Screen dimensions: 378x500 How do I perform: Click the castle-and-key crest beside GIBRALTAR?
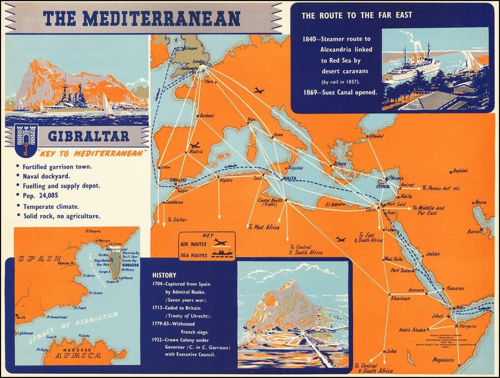click(x=26, y=138)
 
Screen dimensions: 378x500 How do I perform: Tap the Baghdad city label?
click(x=460, y=171)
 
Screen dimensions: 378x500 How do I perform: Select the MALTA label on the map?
click(x=289, y=178)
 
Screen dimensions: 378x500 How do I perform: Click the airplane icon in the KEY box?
click(x=219, y=243)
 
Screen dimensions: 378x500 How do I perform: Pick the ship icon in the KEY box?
click(x=222, y=253)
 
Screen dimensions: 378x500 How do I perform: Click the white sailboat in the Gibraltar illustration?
click(x=107, y=105)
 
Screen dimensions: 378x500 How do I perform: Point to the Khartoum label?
click(x=400, y=298)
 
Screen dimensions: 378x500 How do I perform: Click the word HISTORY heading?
click(x=164, y=275)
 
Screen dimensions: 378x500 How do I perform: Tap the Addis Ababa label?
click(x=411, y=329)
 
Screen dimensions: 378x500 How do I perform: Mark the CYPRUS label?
click(x=382, y=187)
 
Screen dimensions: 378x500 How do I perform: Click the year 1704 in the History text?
click(x=159, y=284)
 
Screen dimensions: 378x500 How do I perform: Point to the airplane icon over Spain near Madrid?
click(x=195, y=146)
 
